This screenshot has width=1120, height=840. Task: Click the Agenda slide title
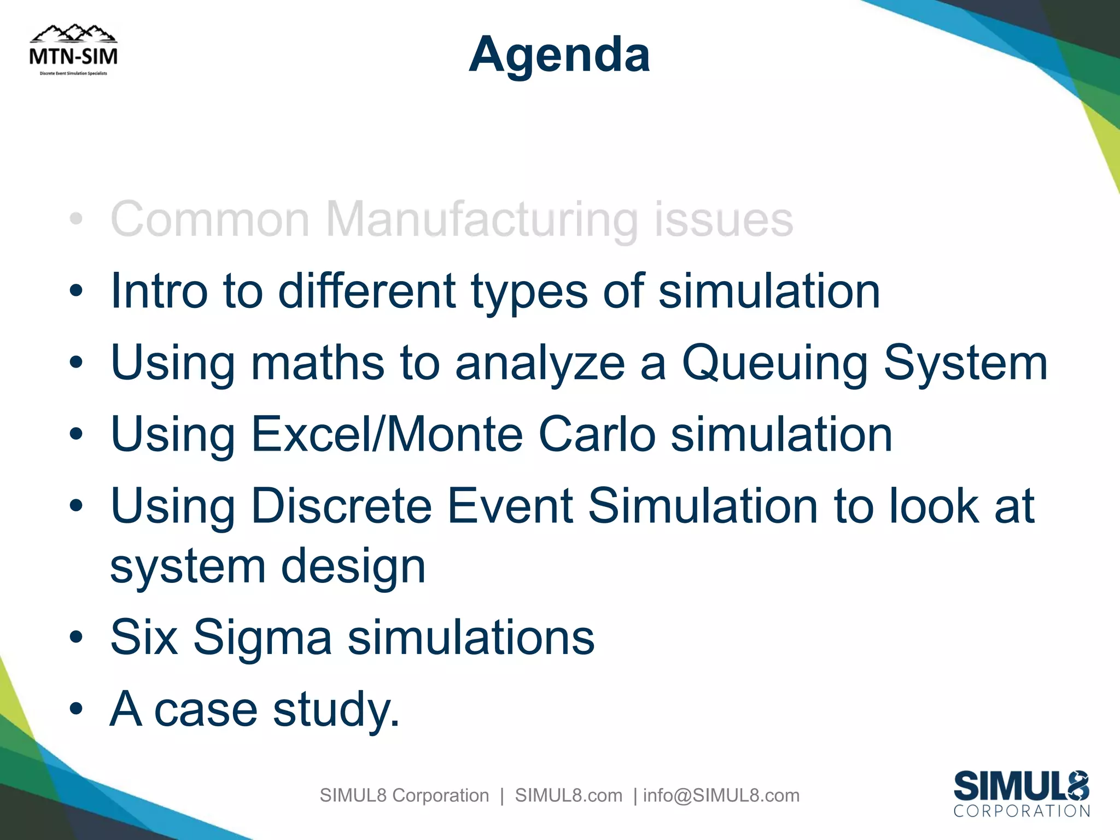(x=559, y=55)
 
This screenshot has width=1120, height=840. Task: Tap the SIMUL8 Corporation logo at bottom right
(x=1022, y=794)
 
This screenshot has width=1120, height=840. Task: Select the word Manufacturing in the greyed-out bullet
(x=482, y=220)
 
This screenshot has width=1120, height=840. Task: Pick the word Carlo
(x=597, y=435)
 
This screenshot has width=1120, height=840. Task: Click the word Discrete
(x=342, y=506)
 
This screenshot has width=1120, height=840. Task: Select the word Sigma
(x=262, y=638)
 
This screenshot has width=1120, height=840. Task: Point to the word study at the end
(x=335, y=710)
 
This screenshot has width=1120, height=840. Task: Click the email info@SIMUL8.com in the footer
(x=721, y=795)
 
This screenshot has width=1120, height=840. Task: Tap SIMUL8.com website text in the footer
(x=568, y=795)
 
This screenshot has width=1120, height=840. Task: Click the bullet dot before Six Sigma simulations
(x=76, y=637)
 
